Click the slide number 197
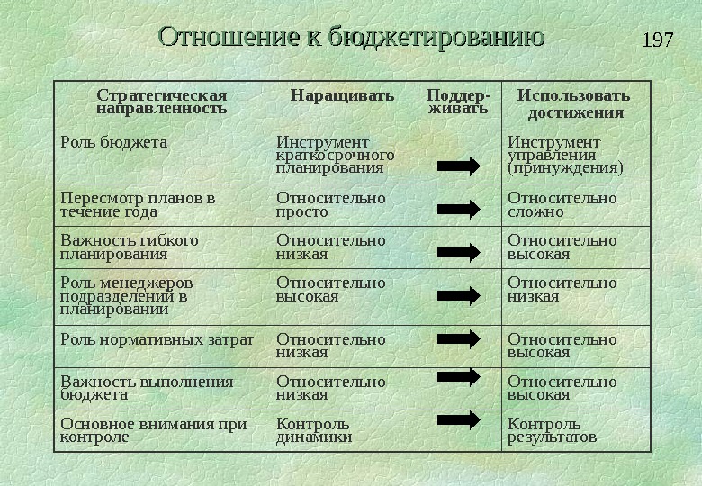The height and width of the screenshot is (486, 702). (659, 40)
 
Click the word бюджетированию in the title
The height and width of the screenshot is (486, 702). (437, 38)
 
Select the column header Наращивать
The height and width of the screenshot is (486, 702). (342, 95)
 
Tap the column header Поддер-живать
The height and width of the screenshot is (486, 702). (458, 102)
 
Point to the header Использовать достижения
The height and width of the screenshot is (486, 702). (573, 103)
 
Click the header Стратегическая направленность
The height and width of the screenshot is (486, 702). (162, 102)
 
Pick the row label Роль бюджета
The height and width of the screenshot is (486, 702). (113, 142)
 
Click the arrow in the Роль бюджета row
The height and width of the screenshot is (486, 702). (459, 166)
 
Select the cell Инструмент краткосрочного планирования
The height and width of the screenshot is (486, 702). (335, 155)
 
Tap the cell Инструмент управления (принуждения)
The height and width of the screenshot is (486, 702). (565, 155)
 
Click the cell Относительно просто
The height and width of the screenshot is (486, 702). (330, 204)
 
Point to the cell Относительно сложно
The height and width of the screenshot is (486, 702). (562, 204)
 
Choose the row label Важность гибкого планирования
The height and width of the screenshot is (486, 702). (129, 247)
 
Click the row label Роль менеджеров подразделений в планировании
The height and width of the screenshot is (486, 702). (126, 295)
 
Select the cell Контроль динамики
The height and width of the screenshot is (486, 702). (313, 430)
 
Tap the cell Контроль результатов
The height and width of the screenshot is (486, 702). (552, 430)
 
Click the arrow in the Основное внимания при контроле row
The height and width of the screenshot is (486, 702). (459, 419)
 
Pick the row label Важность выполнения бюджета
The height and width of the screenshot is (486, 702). (147, 388)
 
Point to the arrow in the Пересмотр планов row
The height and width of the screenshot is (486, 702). (459, 209)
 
